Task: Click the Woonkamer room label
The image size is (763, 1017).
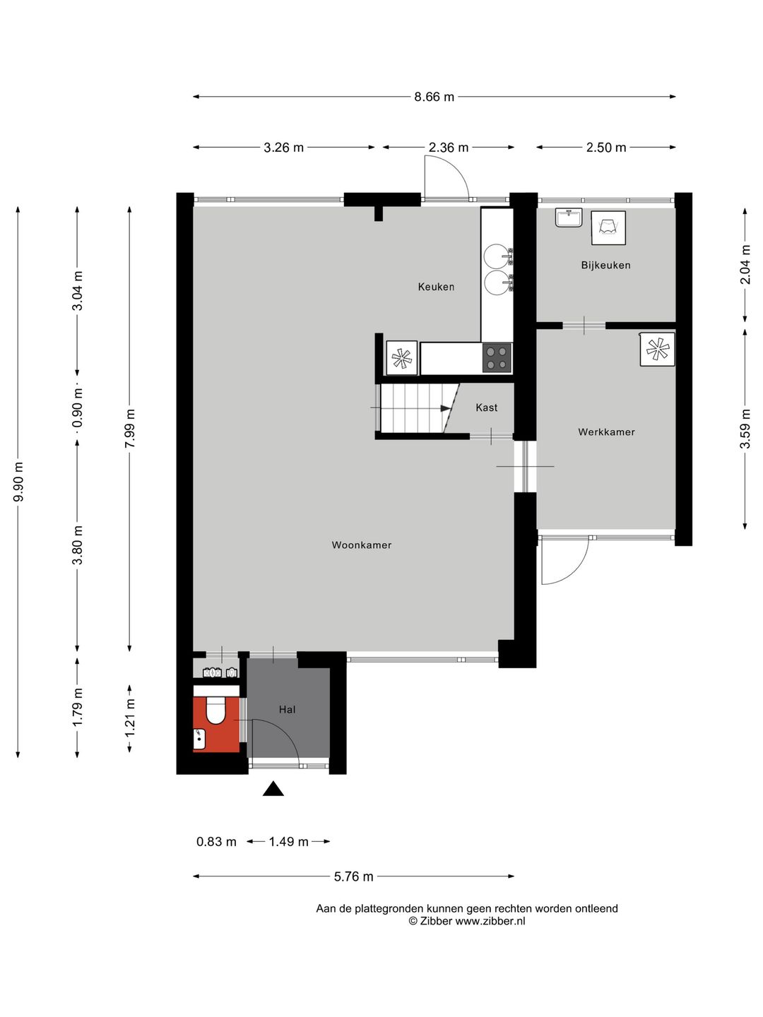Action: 361,545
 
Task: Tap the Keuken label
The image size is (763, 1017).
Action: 436,287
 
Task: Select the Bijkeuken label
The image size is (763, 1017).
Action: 605,265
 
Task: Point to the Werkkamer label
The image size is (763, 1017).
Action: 606,432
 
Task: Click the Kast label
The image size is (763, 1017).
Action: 487,408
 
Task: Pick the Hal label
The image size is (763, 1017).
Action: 288,709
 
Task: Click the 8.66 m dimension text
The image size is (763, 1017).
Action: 434,97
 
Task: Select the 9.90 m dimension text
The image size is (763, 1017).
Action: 18,482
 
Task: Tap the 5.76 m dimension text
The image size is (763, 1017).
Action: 353,876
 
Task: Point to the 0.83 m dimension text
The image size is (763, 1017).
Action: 216,841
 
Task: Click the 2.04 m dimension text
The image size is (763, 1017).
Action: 745,264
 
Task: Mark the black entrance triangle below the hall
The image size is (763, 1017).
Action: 273,789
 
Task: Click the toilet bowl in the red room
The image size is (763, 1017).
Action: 215,712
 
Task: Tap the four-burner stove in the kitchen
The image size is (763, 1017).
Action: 497,357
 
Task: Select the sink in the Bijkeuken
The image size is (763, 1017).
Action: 569,218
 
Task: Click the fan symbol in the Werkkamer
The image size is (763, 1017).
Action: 658,348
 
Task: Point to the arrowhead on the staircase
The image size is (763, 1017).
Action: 445,408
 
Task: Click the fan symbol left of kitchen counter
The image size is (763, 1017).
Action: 402,357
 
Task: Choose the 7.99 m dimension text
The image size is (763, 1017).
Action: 130,428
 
